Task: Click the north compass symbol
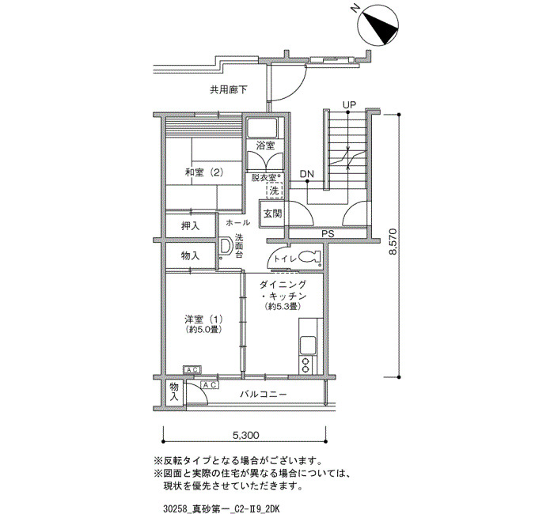click(x=378, y=25)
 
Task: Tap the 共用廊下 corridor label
click(x=228, y=90)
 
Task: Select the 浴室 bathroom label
click(x=265, y=145)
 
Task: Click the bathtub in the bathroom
click(x=262, y=127)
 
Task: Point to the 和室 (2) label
click(x=204, y=172)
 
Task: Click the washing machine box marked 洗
click(x=274, y=191)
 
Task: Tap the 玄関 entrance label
click(x=272, y=214)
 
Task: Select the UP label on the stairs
click(x=349, y=105)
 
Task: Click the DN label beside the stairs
click(x=307, y=174)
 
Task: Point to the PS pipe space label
click(x=328, y=234)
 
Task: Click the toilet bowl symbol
click(x=309, y=257)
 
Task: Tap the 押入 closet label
click(x=191, y=226)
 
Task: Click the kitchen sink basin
click(x=308, y=345)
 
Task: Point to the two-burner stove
click(x=305, y=365)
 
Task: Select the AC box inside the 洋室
click(x=192, y=369)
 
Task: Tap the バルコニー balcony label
click(x=264, y=394)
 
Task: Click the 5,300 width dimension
click(x=245, y=435)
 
